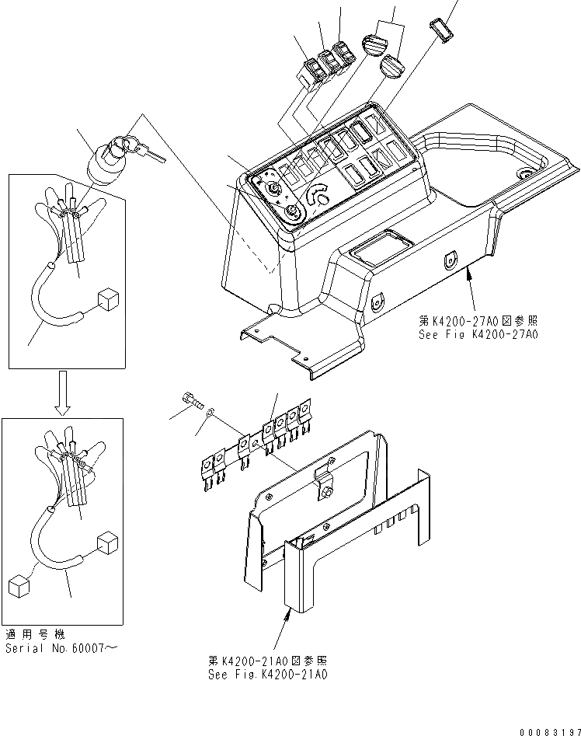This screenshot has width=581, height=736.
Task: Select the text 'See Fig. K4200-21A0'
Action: [x=268, y=675]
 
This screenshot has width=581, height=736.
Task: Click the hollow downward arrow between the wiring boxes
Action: [x=65, y=393]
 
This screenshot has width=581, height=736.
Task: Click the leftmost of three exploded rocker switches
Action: [x=313, y=72]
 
